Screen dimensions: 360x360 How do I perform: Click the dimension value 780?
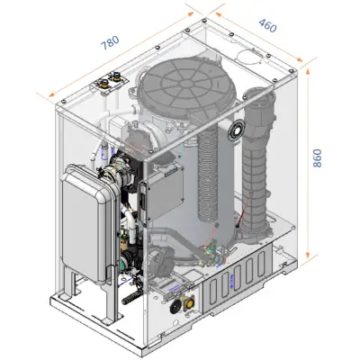click(x=110, y=43)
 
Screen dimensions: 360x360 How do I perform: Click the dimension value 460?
click(x=267, y=25)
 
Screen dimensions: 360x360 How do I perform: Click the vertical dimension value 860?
click(x=317, y=158)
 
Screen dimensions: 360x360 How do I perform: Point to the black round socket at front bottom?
click(x=175, y=307)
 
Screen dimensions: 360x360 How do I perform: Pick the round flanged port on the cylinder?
click(x=237, y=130)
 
